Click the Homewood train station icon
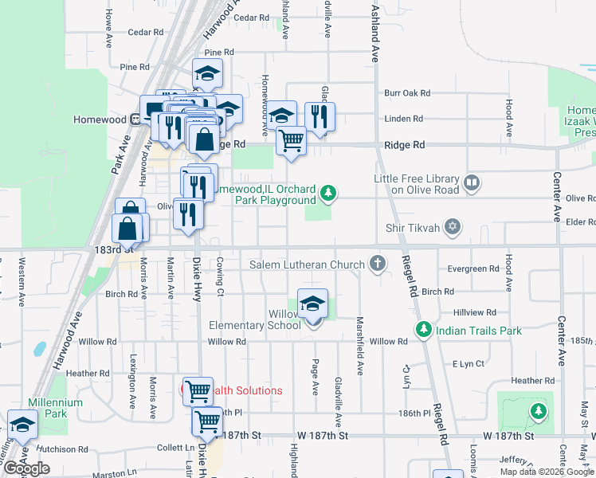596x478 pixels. (x=135, y=119)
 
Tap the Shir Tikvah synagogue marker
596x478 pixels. (x=453, y=228)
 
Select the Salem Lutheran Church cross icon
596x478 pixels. (x=378, y=264)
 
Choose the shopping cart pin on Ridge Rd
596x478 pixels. (x=291, y=141)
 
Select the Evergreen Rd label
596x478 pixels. (x=473, y=269)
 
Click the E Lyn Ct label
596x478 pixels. (x=468, y=364)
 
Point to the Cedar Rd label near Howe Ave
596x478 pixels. (x=145, y=33)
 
